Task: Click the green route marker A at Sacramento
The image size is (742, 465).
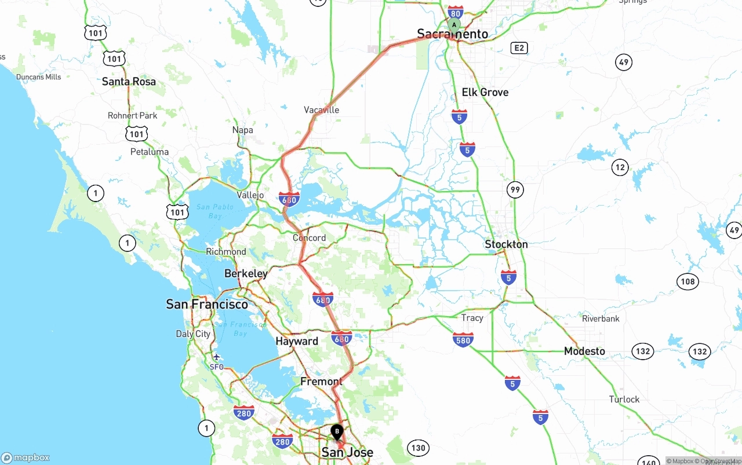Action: [x=454, y=25]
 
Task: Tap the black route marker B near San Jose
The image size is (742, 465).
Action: [x=337, y=432]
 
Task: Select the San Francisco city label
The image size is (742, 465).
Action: [x=207, y=304]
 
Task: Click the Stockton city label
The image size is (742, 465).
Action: [x=506, y=244]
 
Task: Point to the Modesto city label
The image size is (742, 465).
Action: [x=584, y=351]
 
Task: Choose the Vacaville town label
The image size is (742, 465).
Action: [x=321, y=110]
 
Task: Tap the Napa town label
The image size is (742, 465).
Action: [x=242, y=130]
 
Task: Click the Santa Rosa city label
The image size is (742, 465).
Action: [x=129, y=82]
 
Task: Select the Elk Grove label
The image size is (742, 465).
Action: [x=485, y=92]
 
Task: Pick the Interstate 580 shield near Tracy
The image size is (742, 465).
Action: [x=463, y=339]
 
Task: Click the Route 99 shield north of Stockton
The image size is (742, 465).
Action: [x=515, y=189]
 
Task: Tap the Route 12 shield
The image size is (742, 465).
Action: [x=620, y=168]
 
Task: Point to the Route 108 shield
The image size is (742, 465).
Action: [x=688, y=282]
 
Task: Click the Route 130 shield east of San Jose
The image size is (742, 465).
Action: [x=417, y=448]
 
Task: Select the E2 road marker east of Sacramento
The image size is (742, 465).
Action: [x=519, y=47]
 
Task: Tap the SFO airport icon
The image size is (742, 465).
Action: [x=216, y=357]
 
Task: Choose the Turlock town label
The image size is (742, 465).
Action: [x=624, y=400]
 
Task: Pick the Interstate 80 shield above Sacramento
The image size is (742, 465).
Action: [x=456, y=13]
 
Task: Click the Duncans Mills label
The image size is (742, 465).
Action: [x=38, y=77]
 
